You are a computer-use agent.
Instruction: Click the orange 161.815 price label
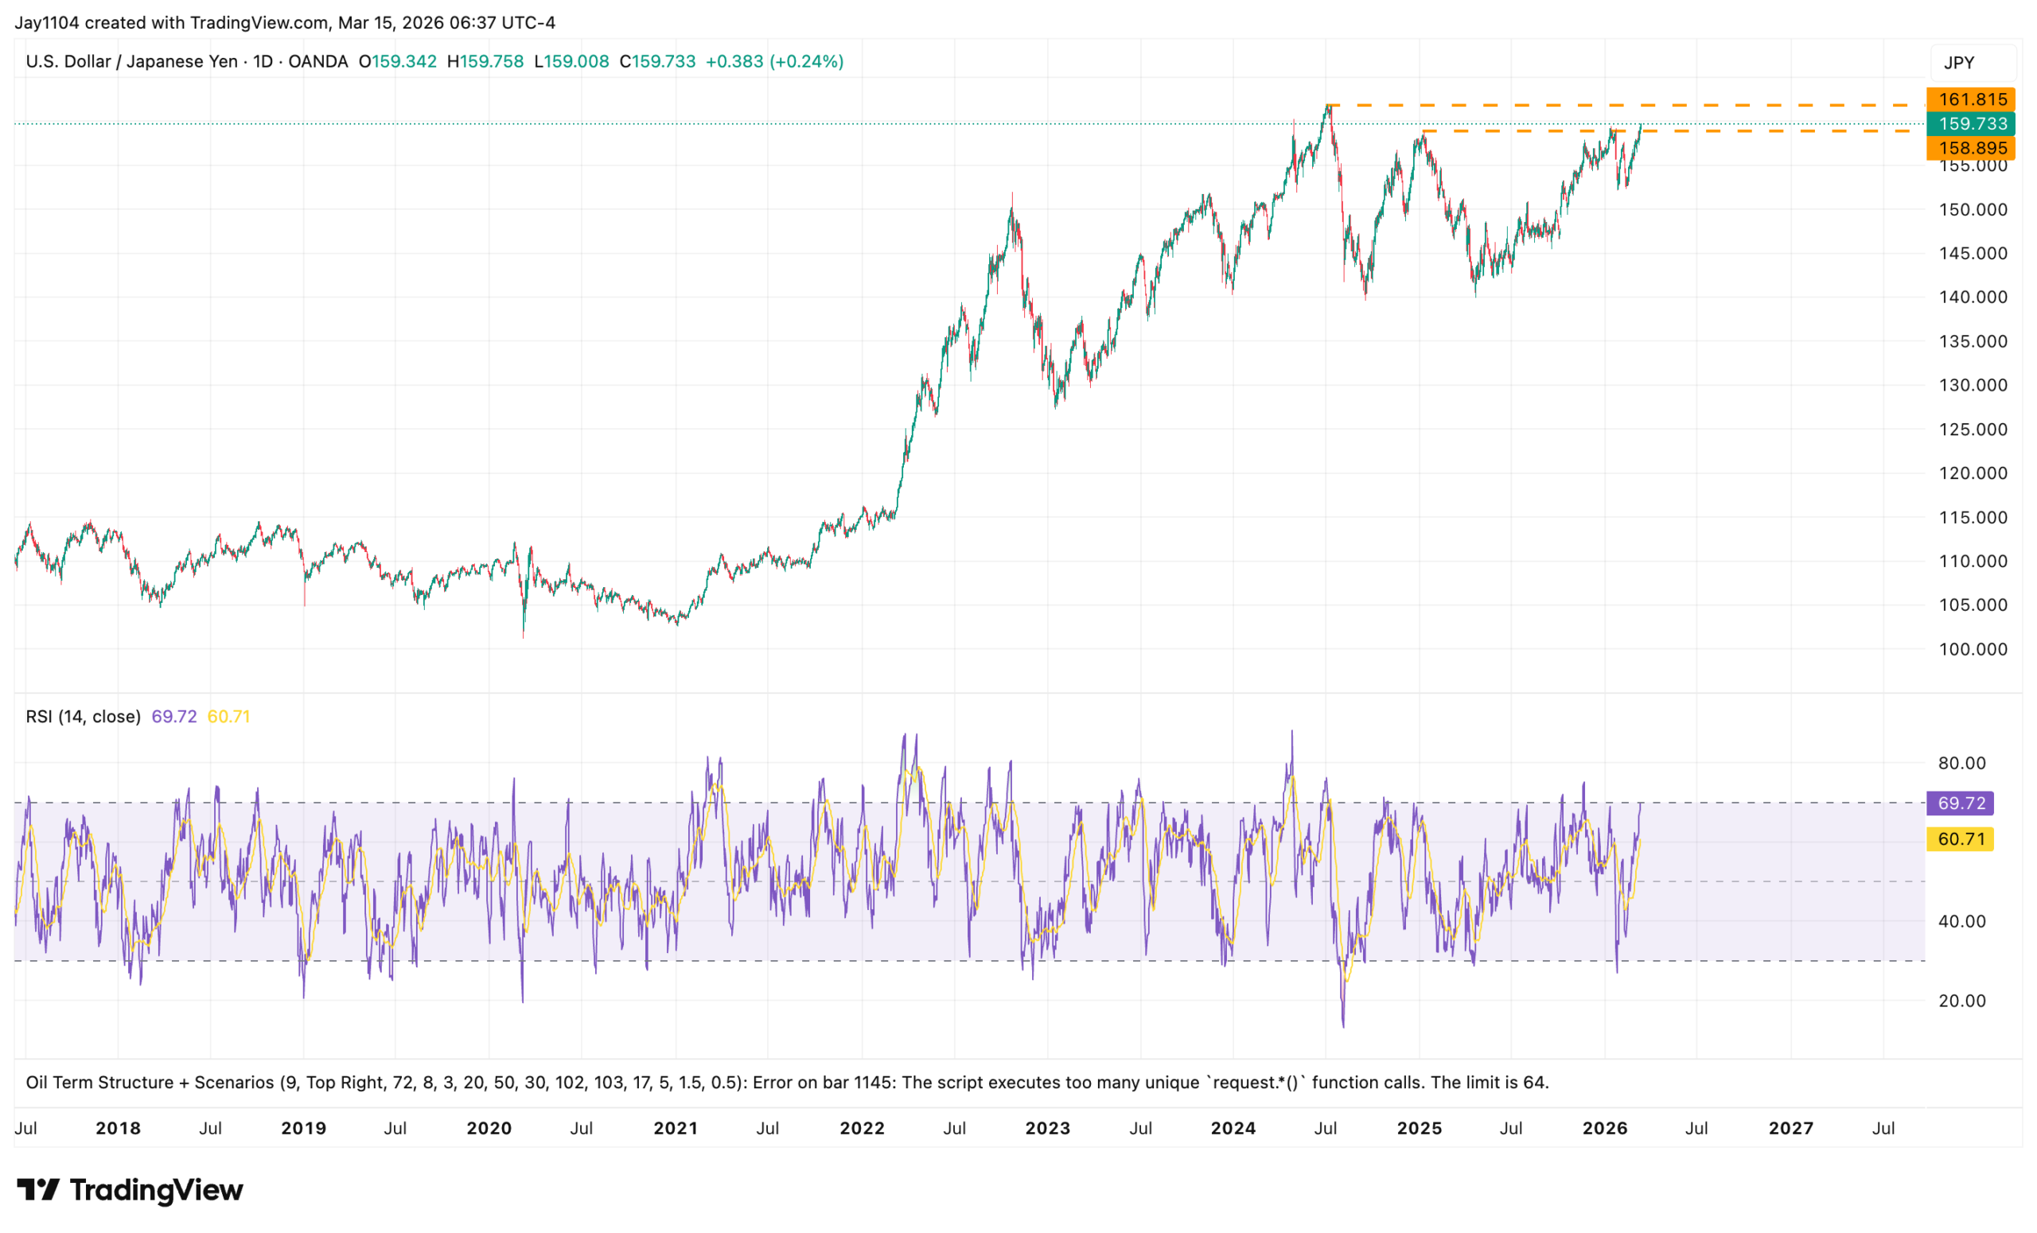1972,99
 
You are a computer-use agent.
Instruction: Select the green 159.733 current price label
1972,124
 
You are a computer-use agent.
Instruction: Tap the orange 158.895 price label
1972,148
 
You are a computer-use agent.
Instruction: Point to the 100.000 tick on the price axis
1973,650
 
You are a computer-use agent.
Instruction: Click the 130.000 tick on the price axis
1973,385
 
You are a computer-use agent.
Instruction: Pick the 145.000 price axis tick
1973,254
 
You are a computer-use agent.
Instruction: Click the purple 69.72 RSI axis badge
1960,803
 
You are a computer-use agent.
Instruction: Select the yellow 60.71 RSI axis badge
1960,839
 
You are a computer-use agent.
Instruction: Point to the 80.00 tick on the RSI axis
1961,764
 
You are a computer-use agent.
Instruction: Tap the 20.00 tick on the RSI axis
1961,1001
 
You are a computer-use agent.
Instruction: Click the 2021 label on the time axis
676,1129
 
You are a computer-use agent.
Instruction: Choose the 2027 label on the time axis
1790,1129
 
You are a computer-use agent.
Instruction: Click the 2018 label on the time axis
119,1129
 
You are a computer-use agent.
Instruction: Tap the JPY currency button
1959,63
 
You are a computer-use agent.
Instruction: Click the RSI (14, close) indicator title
83,717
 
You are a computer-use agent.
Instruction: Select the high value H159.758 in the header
485,62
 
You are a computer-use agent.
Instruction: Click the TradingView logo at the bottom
130,1190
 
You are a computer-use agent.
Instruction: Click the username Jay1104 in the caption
46,23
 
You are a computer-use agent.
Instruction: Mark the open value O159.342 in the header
398,62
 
